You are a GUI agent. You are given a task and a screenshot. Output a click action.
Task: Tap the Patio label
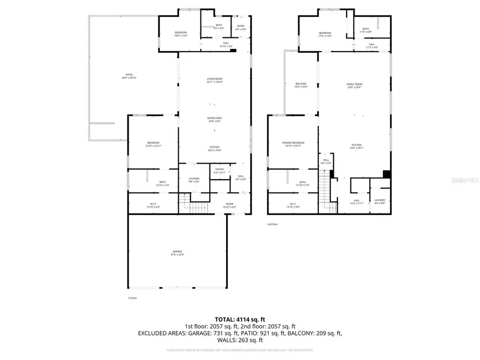tap(129, 76)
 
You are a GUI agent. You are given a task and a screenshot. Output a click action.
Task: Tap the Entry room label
tap(241, 27)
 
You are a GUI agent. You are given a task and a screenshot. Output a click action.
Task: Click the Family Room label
tap(354, 85)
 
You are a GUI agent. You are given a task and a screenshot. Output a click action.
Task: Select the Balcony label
tap(301, 85)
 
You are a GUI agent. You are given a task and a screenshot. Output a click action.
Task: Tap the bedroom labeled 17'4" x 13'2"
tap(325, 35)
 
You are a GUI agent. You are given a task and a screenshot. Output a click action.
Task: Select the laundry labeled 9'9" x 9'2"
tap(194, 180)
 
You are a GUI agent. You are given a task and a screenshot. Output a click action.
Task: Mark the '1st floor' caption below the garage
tap(132, 298)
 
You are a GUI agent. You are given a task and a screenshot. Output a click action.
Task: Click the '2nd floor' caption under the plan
tap(273, 224)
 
